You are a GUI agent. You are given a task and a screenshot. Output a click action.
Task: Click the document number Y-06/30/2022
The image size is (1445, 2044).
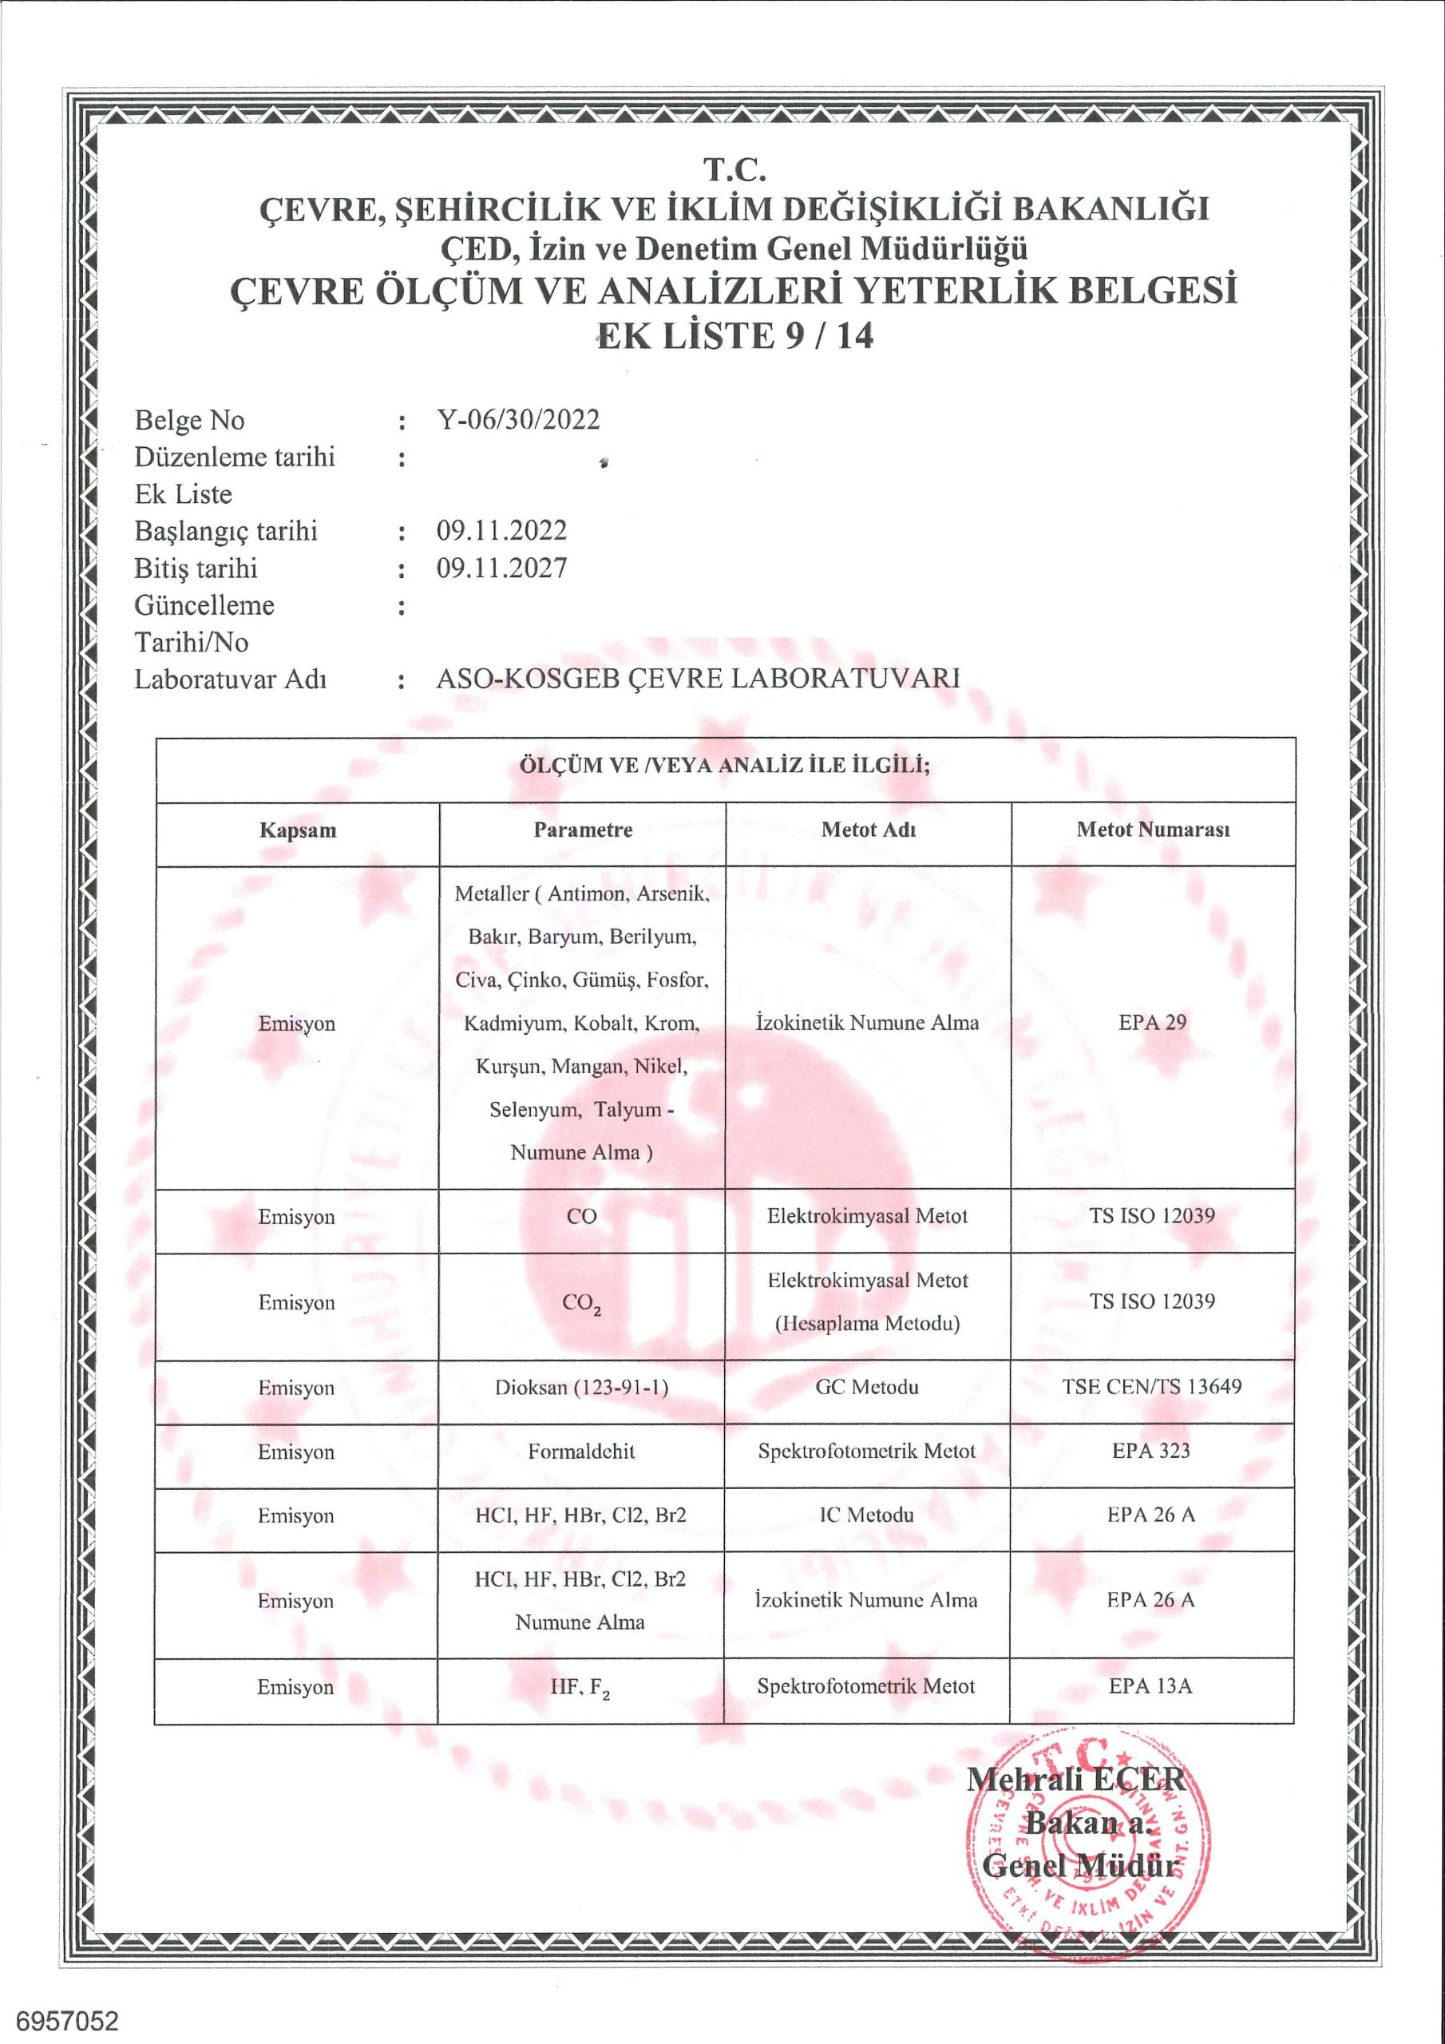point(517,419)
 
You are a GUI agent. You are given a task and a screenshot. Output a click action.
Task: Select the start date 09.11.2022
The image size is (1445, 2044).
point(501,531)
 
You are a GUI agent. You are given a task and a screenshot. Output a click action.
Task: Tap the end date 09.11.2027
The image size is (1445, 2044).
point(501,568)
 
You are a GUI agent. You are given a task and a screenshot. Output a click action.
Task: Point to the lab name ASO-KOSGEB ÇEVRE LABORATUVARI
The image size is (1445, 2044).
point(697,679)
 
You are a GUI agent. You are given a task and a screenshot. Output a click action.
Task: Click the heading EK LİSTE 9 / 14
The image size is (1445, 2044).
point(734,335)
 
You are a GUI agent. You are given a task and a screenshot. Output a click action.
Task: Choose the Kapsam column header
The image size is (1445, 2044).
point(297,830)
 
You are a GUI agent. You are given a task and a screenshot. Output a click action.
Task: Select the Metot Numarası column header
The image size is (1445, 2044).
point(1152,830)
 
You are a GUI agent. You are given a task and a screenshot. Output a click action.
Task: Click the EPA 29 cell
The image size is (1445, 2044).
point(1152,1022)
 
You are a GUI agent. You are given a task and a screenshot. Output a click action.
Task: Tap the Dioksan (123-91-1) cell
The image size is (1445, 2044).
point(581,1387)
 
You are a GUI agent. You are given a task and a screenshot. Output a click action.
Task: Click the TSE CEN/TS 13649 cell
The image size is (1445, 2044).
point(1151,1386)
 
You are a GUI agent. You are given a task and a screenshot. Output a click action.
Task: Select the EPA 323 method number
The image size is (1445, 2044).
point(1150,1450)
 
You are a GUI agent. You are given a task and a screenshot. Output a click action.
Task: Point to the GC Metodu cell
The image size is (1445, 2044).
point(867,1387)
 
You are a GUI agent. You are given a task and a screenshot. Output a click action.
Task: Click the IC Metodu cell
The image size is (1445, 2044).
point(866,1515)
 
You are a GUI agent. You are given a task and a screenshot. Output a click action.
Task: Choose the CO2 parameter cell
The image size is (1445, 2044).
point(581,1303)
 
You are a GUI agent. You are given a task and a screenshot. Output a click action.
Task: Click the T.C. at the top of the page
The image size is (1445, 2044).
point(734,168)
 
